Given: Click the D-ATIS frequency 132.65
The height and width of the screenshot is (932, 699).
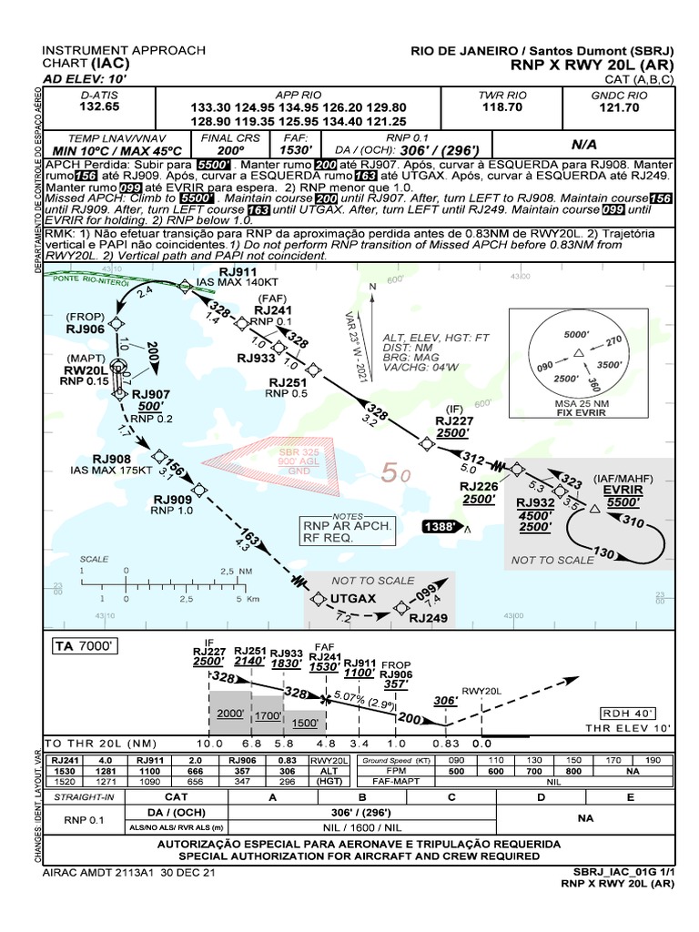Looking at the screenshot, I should [x=99, y=107].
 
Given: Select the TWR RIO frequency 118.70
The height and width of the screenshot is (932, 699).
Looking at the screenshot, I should [x=502, y=107].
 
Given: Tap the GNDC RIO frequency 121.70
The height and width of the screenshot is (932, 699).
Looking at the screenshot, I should [x=619, y=107].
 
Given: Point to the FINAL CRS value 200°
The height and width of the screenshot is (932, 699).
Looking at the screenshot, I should [x=231, y=150].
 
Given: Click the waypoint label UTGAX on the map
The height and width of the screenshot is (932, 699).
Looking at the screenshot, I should [x=354, y=598].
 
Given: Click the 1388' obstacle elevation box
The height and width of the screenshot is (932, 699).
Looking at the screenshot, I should [x=441, y=527].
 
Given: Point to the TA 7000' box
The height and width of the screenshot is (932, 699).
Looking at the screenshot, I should [x=87, y=646].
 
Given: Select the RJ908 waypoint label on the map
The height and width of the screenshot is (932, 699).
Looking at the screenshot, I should [x=111, y=459].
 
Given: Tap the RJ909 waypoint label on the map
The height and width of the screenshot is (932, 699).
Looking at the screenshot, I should [x=172, y=499].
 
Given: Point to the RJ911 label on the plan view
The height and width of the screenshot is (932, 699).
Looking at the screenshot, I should [x=238, y=272].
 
